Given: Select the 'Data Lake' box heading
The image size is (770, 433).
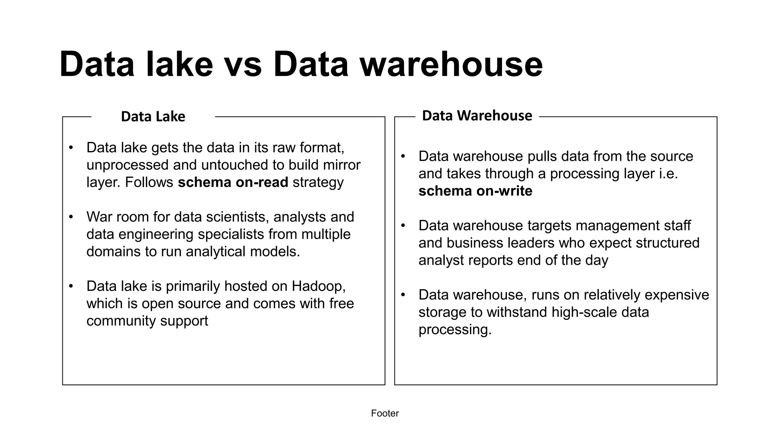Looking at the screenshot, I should (x=153, y=117).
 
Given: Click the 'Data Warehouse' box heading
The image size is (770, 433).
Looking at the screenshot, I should (x=477, y=115).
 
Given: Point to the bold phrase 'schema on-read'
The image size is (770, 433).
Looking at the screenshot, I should (x=233, y=182).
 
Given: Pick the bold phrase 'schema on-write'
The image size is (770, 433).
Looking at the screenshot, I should (x=475, y=191).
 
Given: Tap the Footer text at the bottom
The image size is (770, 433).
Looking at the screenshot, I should (x=385, y=413).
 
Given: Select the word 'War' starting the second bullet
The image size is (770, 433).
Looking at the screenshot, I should (x=99, y=217).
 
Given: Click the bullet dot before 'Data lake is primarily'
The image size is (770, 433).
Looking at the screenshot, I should (x=71, y=286).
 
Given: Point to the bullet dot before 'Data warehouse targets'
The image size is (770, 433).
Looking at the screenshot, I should (x=403, y=226).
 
